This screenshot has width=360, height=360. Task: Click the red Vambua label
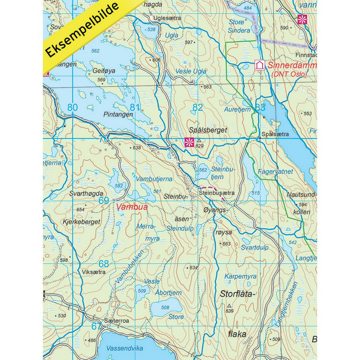click(x=131, y=207)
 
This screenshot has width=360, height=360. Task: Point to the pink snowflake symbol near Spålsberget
click(x=188, y=143)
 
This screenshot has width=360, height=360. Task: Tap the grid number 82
click(x=198, y=108)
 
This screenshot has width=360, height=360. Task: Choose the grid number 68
click(x=103, y=264)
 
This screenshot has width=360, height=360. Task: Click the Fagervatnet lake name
click(x=275, y=172)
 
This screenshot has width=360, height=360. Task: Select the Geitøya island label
click(x=104, y=71)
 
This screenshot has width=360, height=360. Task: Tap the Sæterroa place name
click(x=117, y=321)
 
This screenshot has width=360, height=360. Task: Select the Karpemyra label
click(x=240, y=276)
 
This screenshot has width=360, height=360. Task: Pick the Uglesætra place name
click(x=168, y=18)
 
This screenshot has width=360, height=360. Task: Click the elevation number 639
click(x=229, y=311)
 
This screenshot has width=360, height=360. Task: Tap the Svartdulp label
click(x=255, y=247)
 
